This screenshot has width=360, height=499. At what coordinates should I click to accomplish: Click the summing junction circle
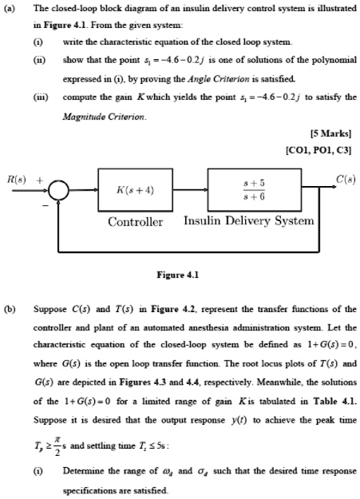tap(57, 192)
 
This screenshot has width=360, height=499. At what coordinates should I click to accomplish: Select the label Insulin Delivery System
tap(248, 221)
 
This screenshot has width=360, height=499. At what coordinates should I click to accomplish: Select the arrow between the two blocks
tap(192, 192)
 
